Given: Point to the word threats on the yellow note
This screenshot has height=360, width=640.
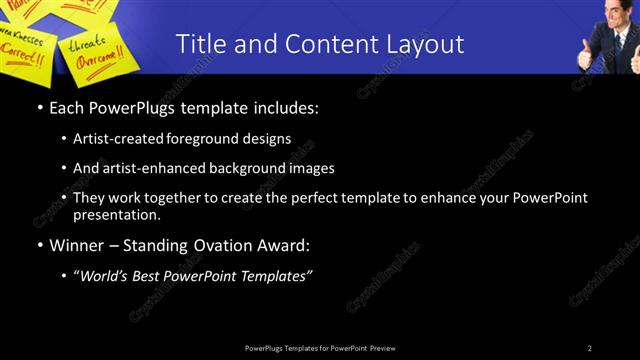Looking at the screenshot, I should (x=86, y=43).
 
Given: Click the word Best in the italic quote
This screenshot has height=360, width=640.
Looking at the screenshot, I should (x=149, y=275).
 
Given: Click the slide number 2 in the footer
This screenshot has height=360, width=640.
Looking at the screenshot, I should (x=590, y=348).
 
